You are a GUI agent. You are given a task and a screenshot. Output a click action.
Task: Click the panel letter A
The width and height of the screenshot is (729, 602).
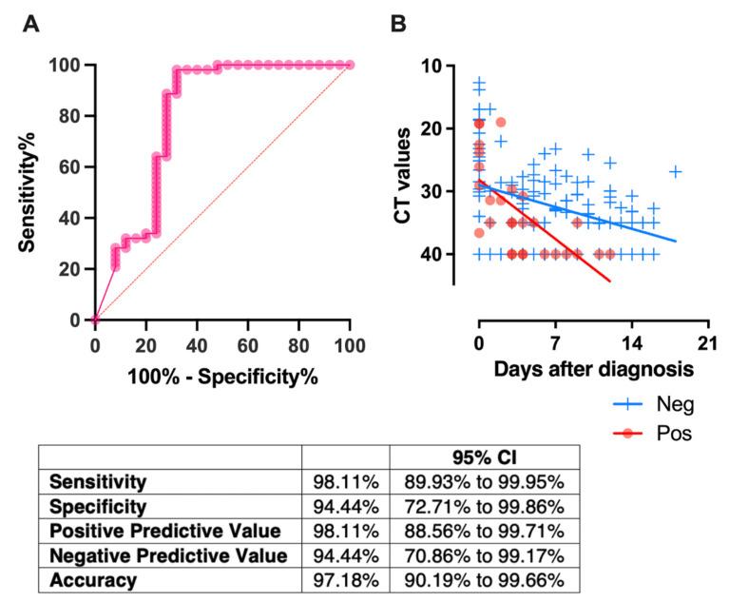[x=31, y=24]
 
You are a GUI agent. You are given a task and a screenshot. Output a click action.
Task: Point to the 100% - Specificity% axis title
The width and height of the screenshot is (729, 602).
[x=222, y=376]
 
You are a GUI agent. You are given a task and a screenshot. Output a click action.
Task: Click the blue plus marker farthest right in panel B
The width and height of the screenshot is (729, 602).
[x=676, y=171]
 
